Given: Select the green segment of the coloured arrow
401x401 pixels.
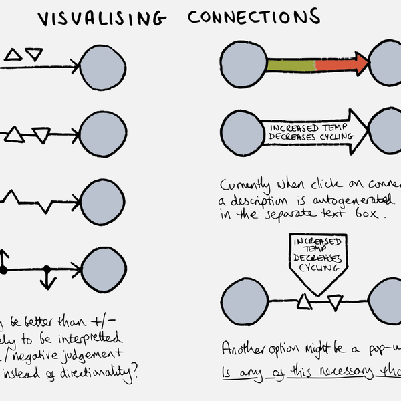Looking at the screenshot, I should (x=291, y=65).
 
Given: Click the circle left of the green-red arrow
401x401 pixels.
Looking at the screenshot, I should (x=243, y=65).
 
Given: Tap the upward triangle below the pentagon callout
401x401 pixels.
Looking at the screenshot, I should (x=304, y=303).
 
